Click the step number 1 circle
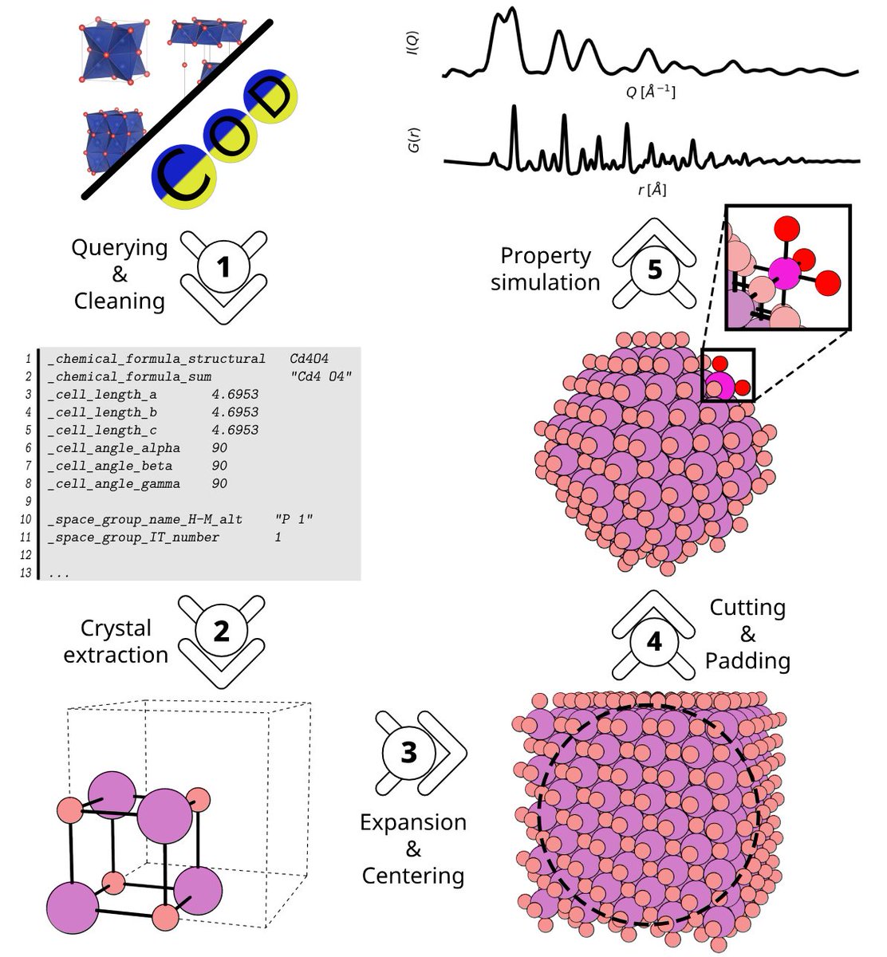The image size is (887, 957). (224, 267)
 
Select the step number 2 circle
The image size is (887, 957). (221, 632)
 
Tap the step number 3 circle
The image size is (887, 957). (408, 752)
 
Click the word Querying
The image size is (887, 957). (120, 248)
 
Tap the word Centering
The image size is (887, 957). (413, 876)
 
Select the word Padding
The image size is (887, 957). (747, 661)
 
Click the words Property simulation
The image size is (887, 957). (546, 269)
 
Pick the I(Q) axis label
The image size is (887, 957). (413, 43)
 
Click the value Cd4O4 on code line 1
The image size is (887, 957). (309, 359)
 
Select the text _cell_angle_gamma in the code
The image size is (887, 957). (113, 484)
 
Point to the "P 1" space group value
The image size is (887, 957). (293, 519)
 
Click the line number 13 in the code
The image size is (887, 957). (26, 573)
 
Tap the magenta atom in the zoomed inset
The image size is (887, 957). (785, 274)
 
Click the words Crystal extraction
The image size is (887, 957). (116, 641)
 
